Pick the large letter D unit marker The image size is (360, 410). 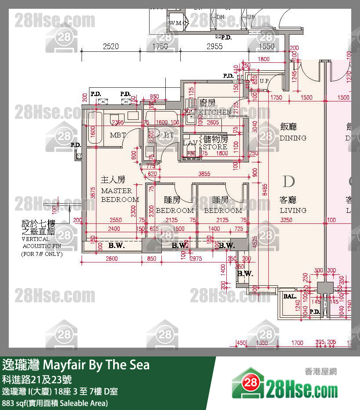[289, 181]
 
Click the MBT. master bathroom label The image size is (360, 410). [118, 135]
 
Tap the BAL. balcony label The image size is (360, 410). [290, 296]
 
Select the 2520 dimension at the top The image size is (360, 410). [110, 47]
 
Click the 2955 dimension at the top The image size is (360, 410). [214, 47]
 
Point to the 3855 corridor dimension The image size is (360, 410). [204, 174]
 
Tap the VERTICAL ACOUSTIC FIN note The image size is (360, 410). [41, 239]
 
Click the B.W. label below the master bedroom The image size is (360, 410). [117, 246]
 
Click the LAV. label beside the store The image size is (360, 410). [190, 144]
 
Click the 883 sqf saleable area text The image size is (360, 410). [55, 403]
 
